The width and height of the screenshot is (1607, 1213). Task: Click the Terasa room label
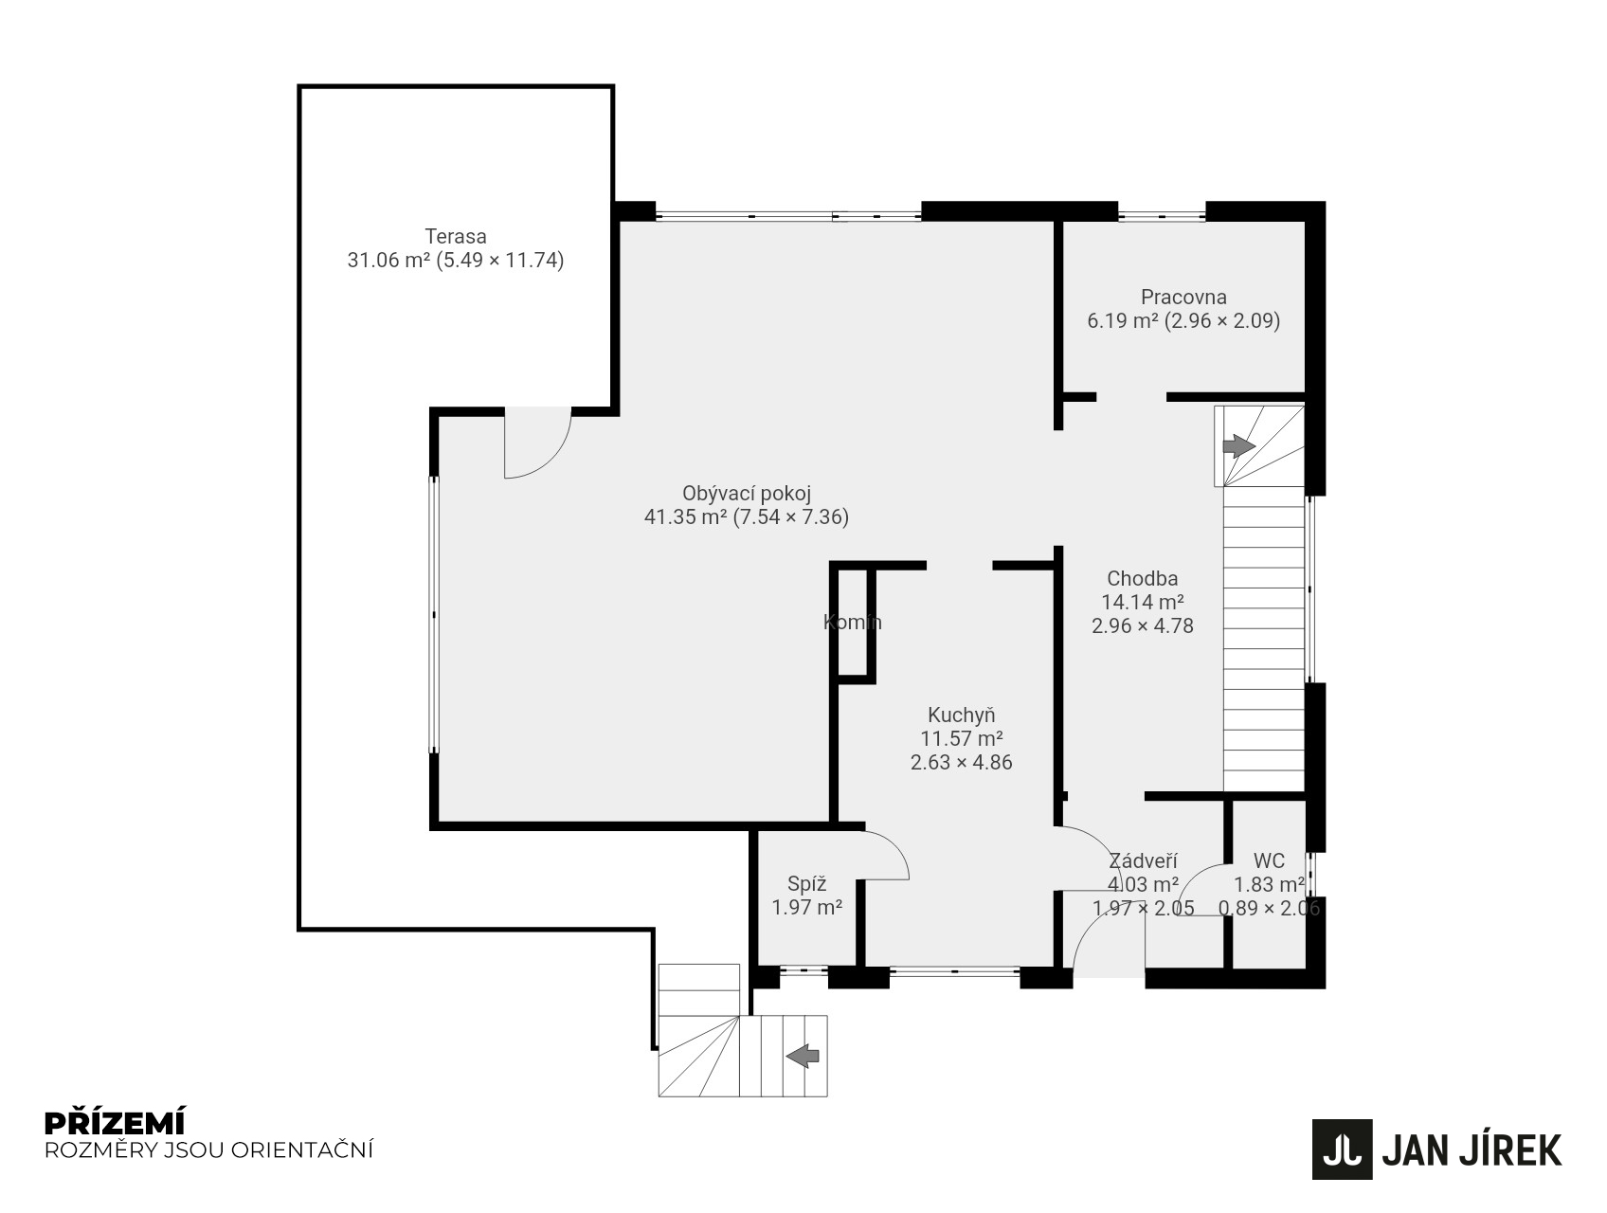(x=456, y=236)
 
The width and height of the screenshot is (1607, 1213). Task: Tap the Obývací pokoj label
(x=747, y=494)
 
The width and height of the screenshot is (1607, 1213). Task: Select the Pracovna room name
(x=1183, y=297)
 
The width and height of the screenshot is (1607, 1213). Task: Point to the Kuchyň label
(x=962, y=715)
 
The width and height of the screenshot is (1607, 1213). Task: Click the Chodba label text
(x=1143, y=579)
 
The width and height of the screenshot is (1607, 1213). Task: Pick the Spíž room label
(x=807, y=884)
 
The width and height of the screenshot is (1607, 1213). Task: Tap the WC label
(x=1269, y=860)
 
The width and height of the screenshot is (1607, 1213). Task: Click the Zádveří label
(x=1144, y=860)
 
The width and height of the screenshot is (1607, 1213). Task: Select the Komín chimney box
(x=853, y=622)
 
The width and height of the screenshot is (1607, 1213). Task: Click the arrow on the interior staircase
(x=1238, y=446)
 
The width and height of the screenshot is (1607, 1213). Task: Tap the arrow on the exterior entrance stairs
(x=803, y=1055)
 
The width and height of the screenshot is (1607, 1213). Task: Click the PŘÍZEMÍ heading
(x=115, y=1123)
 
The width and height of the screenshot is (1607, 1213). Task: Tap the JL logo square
(x=1342, y=1150)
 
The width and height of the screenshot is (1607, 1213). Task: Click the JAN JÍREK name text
(x=1472, y=1150)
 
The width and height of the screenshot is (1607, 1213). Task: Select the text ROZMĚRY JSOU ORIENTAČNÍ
(x=209, y=1150)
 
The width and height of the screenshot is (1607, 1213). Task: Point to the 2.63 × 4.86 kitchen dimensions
(x=962, y=763)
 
